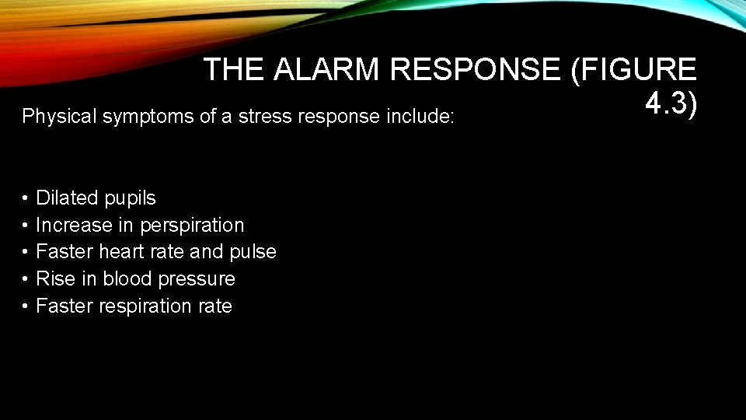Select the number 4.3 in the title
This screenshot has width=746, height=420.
(667, 103)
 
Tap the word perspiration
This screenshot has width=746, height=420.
(192, 226)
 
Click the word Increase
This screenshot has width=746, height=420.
(74, 226)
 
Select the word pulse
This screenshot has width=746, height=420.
(253, 252)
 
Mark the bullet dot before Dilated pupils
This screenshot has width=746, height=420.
(26, 199)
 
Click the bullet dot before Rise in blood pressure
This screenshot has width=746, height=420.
(26, 279)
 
